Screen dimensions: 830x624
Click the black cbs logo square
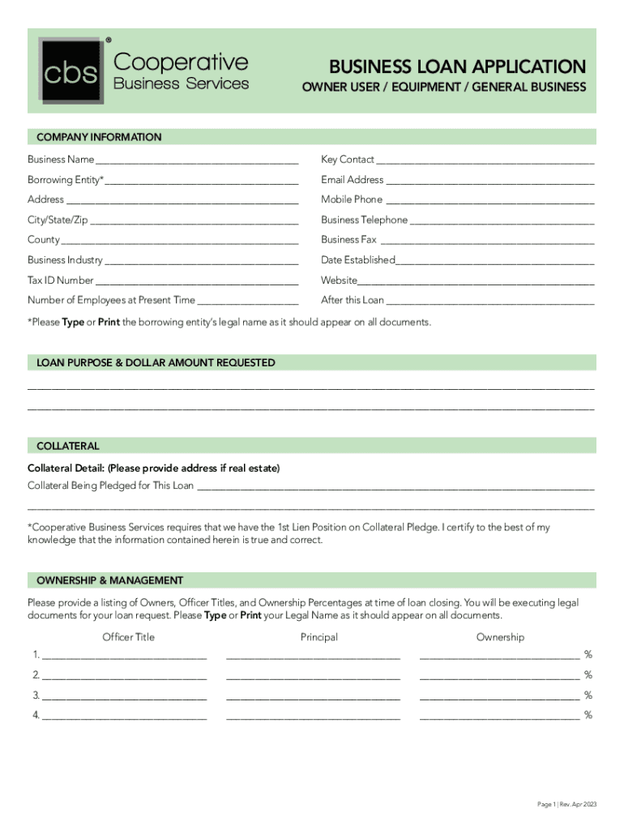click(71, 71)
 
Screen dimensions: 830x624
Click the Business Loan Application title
click(456, 66)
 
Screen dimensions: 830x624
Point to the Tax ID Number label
click(61, 280)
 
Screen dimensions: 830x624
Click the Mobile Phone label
click(352, 199)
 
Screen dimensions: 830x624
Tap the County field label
click(44, 240)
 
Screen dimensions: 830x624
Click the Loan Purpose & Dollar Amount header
click(154, 363)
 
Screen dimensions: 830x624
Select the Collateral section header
click(68, 446)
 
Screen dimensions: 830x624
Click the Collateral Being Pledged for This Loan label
click(111, 486)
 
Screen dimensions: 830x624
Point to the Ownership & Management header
click(109, 580)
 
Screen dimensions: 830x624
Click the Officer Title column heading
click(128, 637)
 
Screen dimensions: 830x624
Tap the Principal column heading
click(318, 637)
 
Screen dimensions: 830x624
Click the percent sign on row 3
click(588, 695)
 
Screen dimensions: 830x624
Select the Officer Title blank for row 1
click(124, 657)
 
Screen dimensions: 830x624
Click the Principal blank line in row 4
click(313, 717)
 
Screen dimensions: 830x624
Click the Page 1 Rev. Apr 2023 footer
click(566, 804)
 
